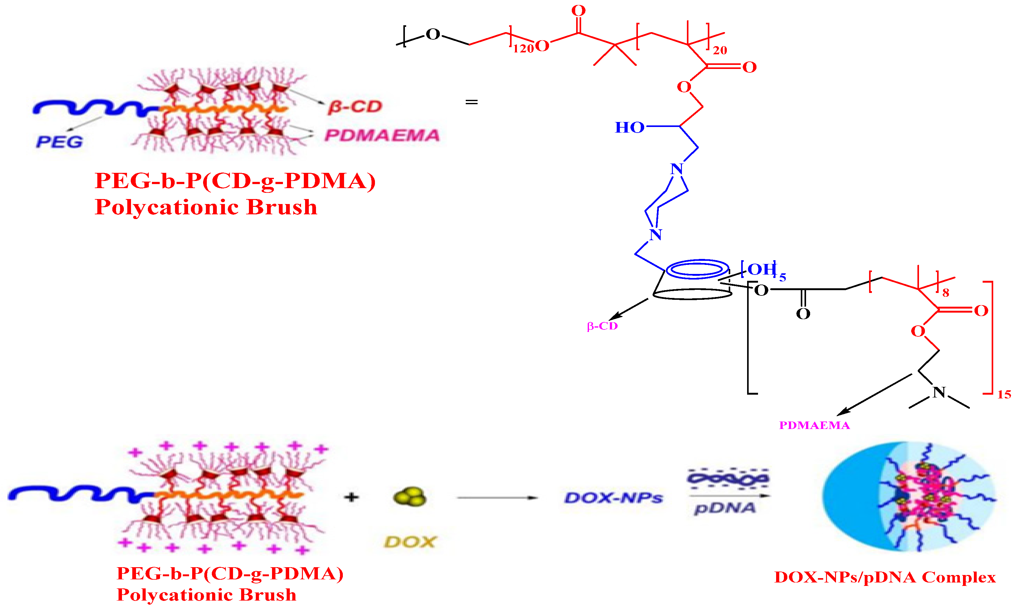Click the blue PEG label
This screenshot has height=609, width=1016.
click(60, 142)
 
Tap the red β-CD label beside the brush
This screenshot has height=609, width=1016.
click(355, 107)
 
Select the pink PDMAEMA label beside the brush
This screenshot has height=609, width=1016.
click(382, 135)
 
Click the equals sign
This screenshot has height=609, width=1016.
click(471, 102)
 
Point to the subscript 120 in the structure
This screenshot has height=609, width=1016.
click(523, 49)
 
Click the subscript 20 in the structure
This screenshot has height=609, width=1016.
click(720, 51)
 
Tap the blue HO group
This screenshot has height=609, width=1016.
click(630, 128)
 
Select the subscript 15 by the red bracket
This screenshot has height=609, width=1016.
click(1004, 395)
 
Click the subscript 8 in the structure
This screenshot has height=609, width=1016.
click(946, 293)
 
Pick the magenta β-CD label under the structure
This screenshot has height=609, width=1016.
click(602, 326)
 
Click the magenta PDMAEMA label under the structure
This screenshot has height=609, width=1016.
click(814, 425)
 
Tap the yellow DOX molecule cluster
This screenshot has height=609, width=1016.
click(410, 497)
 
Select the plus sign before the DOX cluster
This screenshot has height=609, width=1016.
click(351, 497)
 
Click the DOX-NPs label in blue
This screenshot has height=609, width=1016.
click(614, 498)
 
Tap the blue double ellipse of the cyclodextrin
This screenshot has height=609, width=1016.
click(698, 270)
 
